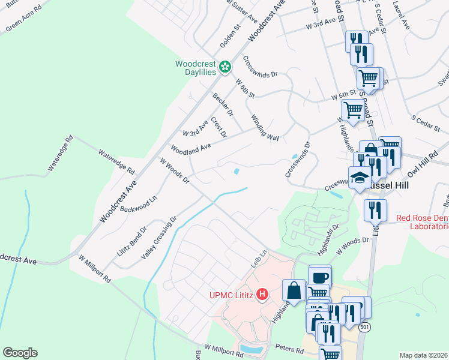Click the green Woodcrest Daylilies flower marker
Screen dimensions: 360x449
225,67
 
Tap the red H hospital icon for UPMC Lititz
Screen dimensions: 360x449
262,294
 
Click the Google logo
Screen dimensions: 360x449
20,353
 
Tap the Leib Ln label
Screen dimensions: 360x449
258,260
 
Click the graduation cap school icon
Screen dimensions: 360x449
360,178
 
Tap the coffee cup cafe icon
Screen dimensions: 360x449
319,277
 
